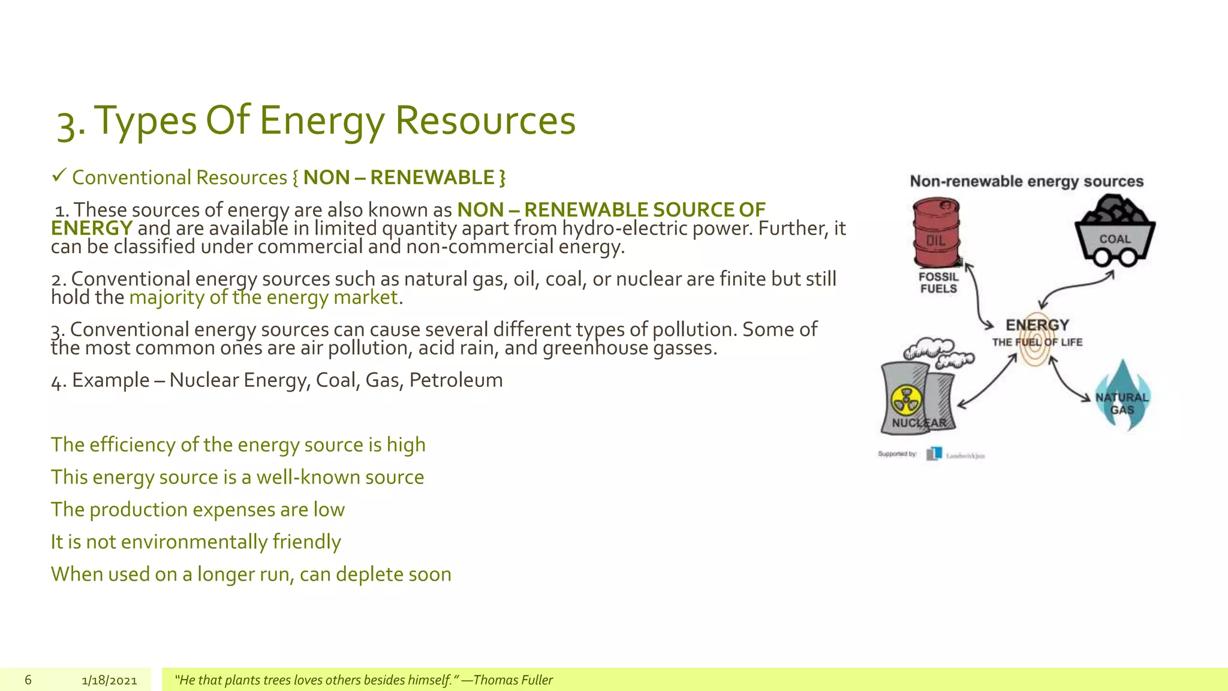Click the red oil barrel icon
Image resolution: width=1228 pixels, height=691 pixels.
(937, 234)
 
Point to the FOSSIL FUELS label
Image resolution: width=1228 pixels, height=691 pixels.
(938, 283)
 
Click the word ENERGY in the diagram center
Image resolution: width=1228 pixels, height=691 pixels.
(1037, 325)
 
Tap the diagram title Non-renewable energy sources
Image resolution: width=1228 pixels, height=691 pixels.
(1027, 181)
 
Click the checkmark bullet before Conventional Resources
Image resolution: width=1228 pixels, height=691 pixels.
(58, 176)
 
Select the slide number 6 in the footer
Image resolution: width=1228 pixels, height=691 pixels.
(28, 680)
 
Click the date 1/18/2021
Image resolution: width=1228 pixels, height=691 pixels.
(109, 680)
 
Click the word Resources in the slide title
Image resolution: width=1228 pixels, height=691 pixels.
(485, 120)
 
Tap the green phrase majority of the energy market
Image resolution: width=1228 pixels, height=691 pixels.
(263, 297)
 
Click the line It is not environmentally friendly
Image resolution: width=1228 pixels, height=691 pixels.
(195, 542)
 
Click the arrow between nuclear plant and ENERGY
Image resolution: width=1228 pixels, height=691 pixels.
(988, 381)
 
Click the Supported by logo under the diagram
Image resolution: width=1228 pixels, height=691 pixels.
(934, 454)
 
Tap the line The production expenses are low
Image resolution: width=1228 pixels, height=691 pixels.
(197, 509)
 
